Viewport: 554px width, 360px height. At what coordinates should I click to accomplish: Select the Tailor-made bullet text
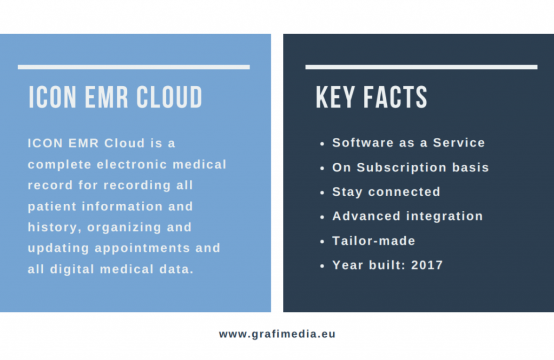pyautogui.click(x=374, y=241)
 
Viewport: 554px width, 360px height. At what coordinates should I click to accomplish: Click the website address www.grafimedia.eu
pyautogui.click(x=277, y=334)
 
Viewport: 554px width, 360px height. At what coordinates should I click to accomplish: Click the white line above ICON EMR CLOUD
pyautogui.click(x=134, y=67)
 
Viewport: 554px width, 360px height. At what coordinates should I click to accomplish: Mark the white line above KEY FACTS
pyautogui.click(x=421, y=67)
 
